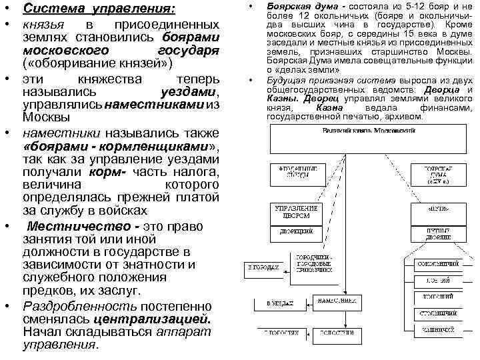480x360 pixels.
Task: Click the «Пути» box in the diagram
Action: (x=437, y=209)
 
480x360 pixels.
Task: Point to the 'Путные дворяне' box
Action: (x=437, y=232)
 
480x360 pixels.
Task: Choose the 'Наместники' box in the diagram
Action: (x=316, y=302)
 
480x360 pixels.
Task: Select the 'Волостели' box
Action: (x=316, y=331)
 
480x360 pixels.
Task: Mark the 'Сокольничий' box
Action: (x=437, y=263)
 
